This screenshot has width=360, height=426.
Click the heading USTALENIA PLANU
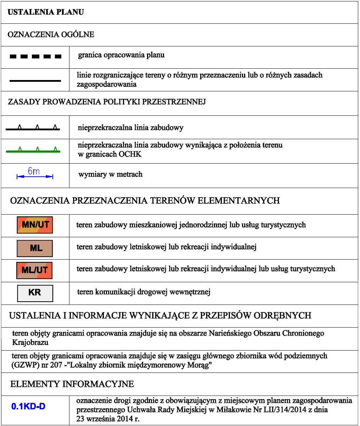coord(46,12)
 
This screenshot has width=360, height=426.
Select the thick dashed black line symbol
coord(35,56)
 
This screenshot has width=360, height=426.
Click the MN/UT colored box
coord(35,225)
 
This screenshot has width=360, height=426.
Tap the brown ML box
coord(35,248)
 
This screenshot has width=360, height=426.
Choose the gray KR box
coord(35,293)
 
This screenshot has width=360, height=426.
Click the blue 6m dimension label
coord(34,172)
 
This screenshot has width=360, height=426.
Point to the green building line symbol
coord(33,151)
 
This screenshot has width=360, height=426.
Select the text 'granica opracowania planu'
coord(121,55)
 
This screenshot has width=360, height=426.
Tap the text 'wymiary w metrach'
coord(110,174)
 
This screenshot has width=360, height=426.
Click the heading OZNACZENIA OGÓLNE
coord(51,35)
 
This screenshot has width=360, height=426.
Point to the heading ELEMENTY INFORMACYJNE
coord(72,384)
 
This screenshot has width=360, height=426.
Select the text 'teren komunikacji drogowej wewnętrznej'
coord(144,292)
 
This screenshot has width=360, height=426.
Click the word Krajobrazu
coord(30,343)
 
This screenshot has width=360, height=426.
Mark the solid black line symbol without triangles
coord(35,81)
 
